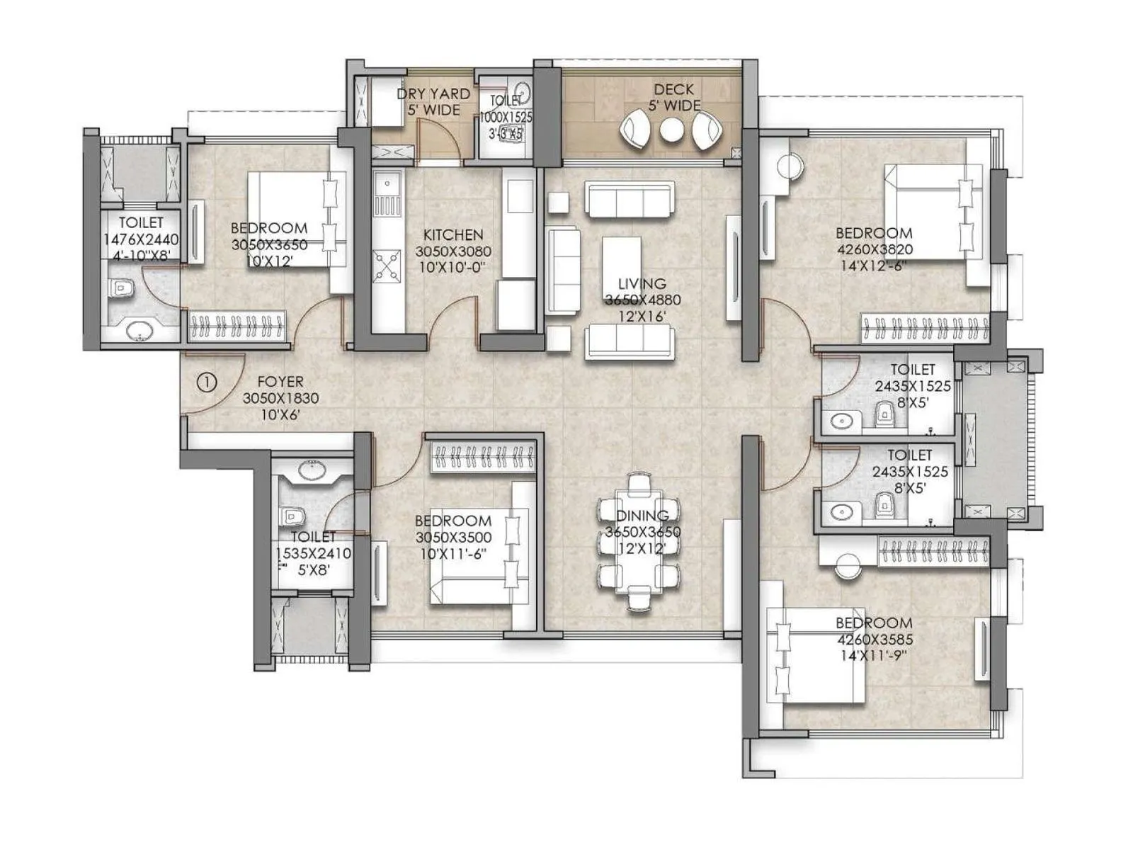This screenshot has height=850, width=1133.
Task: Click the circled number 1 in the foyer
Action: pos(206,383)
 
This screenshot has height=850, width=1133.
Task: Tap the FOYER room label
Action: pos(280,382)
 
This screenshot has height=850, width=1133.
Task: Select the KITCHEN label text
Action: pos(453,234)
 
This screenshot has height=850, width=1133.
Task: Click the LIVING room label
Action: pos(642,284)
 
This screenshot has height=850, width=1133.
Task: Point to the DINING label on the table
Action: pos(642,516)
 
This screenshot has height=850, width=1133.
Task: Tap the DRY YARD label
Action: pos(433,93)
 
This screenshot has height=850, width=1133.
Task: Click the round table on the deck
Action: pos(671,131)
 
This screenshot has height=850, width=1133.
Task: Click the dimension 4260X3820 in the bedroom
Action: pos(875,249)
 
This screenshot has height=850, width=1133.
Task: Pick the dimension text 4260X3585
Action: pos(875,640)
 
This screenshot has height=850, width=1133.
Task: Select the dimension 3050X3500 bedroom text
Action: pos(453,538)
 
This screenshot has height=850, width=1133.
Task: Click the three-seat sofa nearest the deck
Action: pos(629,199)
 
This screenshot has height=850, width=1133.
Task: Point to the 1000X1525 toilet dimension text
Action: pos(506,118)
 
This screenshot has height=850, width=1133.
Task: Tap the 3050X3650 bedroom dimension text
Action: pos(269,244)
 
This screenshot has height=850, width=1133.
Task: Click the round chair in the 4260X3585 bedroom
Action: pos(846,566)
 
